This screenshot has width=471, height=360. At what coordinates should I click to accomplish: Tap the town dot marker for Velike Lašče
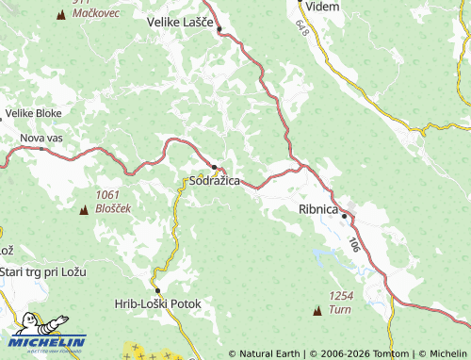(219, 29)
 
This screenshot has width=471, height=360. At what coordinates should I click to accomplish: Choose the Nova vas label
(41, 138)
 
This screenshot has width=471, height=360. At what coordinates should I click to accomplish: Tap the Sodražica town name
(215, 180)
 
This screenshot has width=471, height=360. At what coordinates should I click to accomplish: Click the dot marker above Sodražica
(215, 168)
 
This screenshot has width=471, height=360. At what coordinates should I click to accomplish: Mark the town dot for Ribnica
(345, 217)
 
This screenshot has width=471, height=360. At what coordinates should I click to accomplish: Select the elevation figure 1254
(341, 296)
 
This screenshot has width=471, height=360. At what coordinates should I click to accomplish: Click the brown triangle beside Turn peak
(317, 310)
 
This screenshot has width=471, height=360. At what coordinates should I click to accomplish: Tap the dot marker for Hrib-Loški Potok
(158, 290)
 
